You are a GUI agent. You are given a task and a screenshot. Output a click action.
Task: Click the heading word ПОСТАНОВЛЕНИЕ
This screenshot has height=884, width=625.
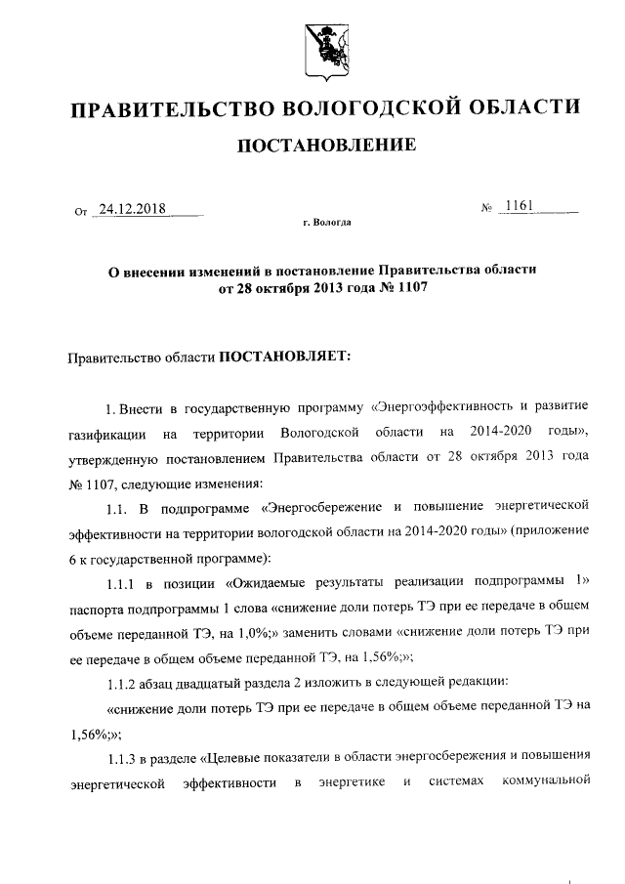(x=327, y=147)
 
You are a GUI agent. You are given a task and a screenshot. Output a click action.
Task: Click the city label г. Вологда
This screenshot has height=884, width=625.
(x=327, y=223)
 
